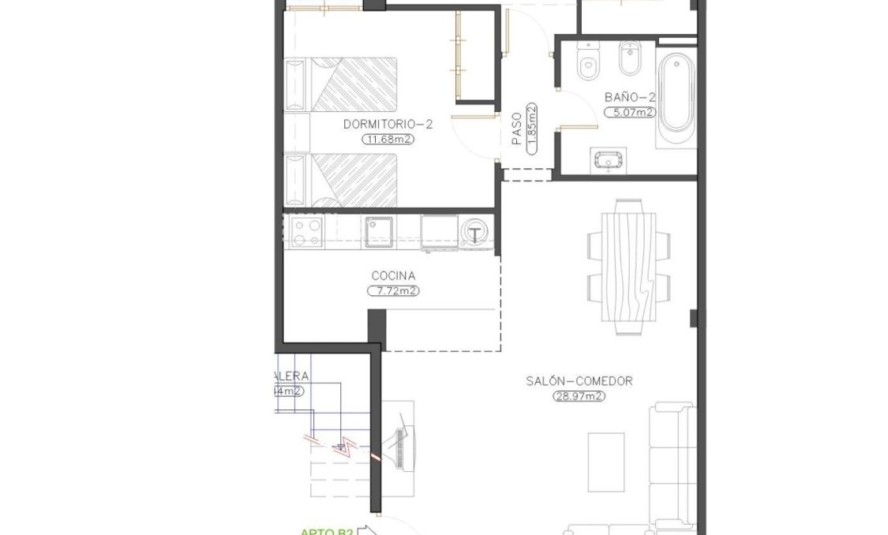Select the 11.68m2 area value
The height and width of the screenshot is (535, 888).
click(x=388, y=140)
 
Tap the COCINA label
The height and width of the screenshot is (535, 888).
click(x=393, y=276)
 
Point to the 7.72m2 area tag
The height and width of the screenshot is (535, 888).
click(x=393, y=291)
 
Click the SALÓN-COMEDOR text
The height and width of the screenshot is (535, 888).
click(x=579, y=381)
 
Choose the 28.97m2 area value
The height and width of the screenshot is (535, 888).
click(x=579, y=396)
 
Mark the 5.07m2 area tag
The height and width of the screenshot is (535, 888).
click(x=630, y=112)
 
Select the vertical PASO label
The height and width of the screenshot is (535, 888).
click(x=516, y=127)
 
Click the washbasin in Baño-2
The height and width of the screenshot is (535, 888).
click(x=606, y=160)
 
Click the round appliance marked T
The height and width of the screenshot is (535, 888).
click(x=475, y=233)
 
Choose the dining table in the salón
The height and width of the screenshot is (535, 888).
click(x=629, y=267)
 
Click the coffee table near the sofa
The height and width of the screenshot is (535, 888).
click(x=606, y=460)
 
